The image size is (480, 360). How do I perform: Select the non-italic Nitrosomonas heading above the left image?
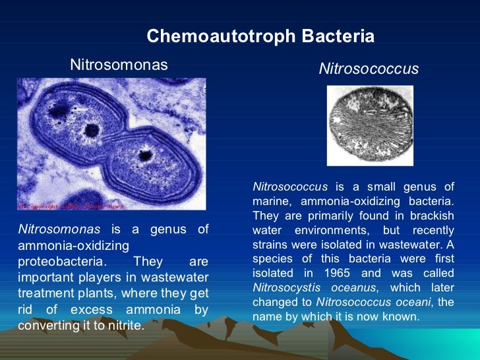tap(119, 65)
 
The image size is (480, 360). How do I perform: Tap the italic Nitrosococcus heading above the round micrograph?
tap(369, 69)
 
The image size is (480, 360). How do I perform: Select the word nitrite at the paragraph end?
tap(123, 326)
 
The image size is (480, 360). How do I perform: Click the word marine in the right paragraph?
tap(272, 200)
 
